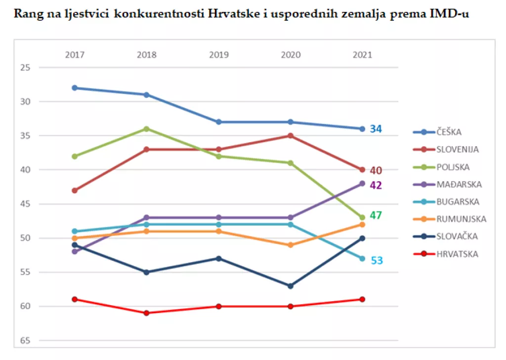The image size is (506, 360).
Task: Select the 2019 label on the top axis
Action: [218, 55]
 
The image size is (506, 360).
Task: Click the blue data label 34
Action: [376, 129]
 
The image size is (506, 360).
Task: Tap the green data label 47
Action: [376, 215]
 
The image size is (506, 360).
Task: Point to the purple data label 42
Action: [376, 185]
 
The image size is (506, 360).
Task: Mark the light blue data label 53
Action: [377, 260]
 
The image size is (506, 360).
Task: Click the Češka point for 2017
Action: [75, 88]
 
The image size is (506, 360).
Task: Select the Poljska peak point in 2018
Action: [146, 129]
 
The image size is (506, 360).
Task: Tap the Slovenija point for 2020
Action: [291, 136]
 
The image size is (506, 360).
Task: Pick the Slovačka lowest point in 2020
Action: [291, 286]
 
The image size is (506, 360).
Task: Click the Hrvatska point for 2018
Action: [146, 313]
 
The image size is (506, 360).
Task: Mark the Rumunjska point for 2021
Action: [362, 225]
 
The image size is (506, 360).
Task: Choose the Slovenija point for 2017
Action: [75, 191]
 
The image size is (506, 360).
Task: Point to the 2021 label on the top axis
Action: [362, 55]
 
